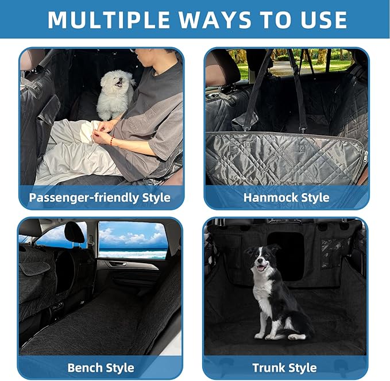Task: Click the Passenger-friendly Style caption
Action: tap(100, 198)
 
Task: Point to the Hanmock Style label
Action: tap(286, 198)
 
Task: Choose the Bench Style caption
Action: tap(100, 367)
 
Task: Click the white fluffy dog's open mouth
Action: tap(119, 84)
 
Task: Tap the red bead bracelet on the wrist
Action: tap(111, 140)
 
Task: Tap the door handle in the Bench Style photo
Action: tap(117, 264)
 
